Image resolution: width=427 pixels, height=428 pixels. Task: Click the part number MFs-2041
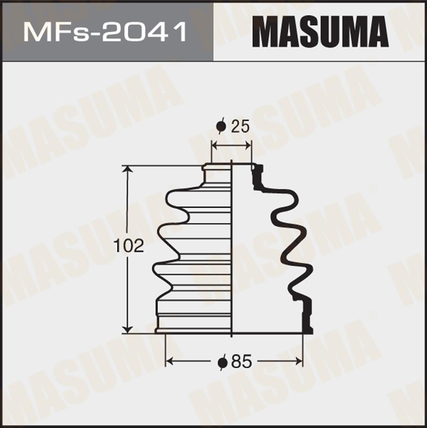pyautogui.click(x=105, y=32)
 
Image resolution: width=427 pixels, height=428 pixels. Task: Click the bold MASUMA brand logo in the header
pyautogui.click(x=320, y=32)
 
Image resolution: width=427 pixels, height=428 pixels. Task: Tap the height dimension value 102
pyautogui.click(x=129, y=246)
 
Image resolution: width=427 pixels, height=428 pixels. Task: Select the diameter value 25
pyautogui.click(x=240, y=127)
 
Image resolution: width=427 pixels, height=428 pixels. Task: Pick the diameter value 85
pyautogui.click(x=241, y=362)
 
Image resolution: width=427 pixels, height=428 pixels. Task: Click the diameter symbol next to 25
pyautogui.click(x=221, y=126)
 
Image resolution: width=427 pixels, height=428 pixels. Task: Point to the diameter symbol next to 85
pyautogui.click(x=223, y=362)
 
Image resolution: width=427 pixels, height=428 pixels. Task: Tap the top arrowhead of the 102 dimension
pyautogui.click(x=127, y=170)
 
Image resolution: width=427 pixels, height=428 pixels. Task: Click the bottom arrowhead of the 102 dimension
pyautogui.click(x=127, y=329)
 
